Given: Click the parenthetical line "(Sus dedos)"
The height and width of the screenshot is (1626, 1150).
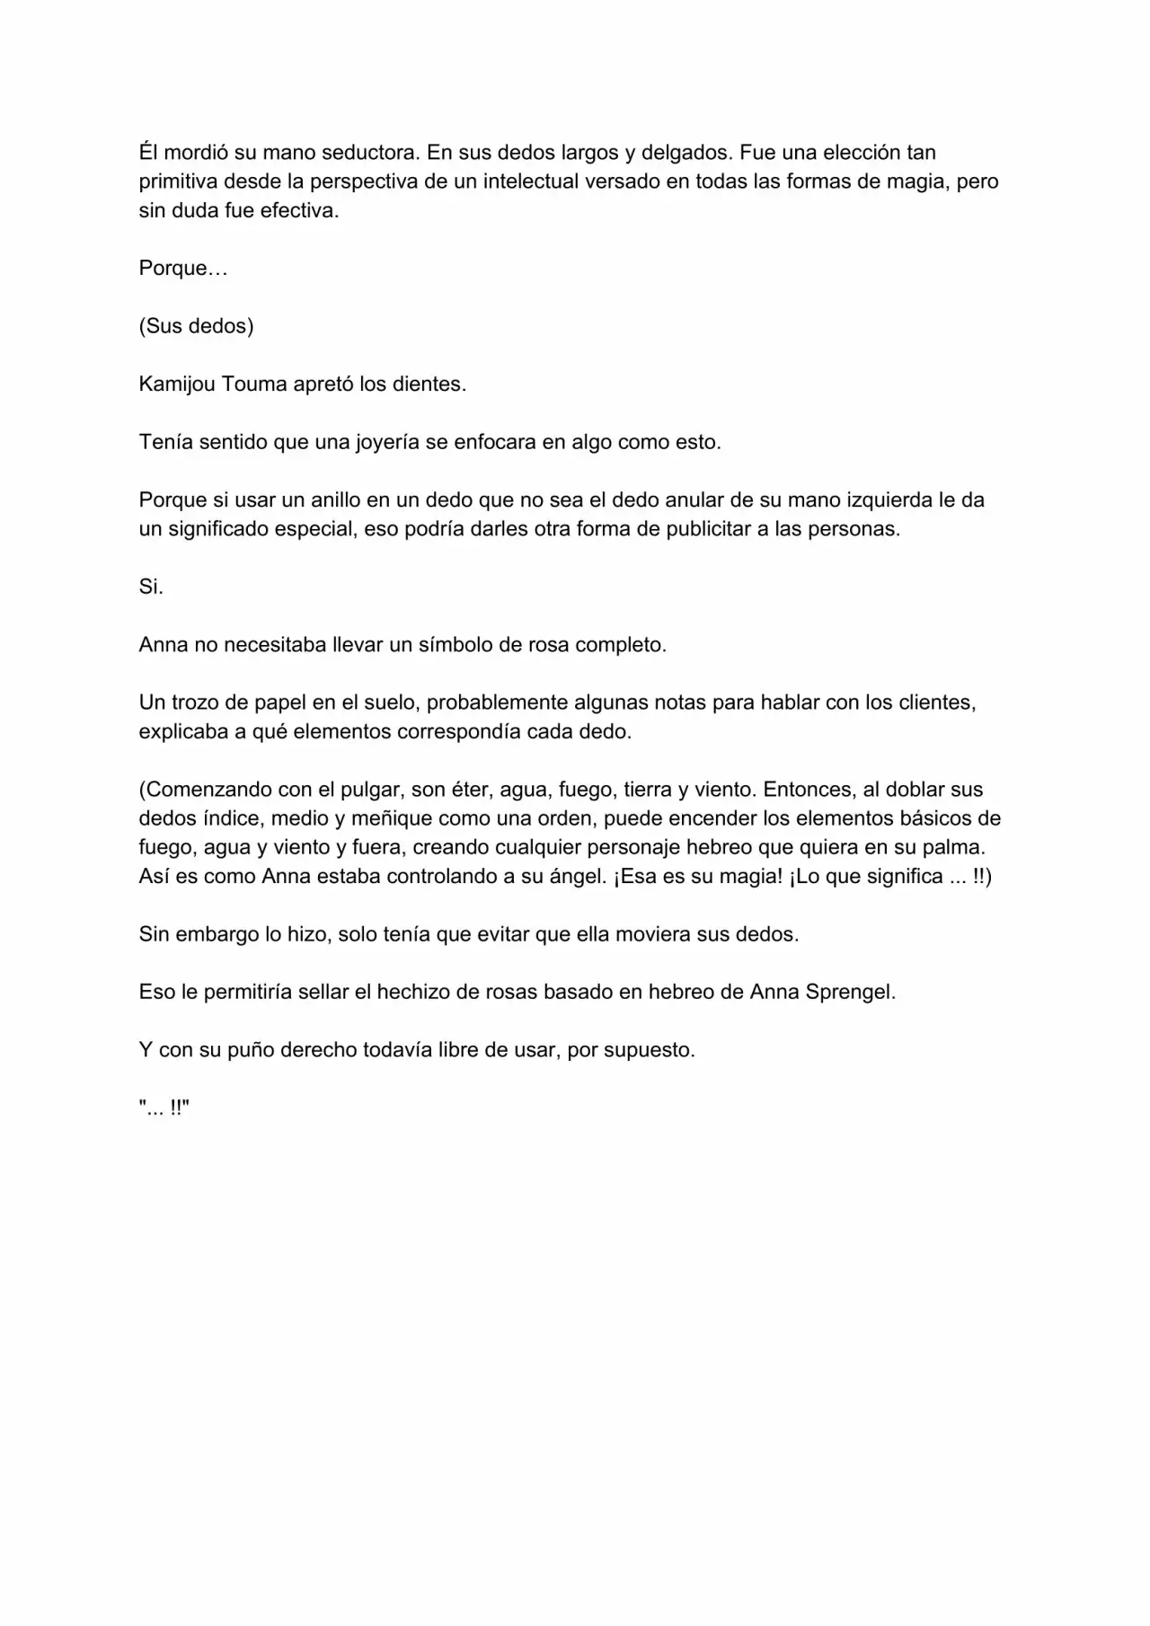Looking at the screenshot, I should [196, 326].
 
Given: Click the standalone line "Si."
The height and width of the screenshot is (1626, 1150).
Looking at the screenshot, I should [151, 588].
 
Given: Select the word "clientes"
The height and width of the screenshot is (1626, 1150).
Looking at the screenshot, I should [937, 703].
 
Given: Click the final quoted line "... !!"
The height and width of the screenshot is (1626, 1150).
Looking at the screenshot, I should [164, 1109].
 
